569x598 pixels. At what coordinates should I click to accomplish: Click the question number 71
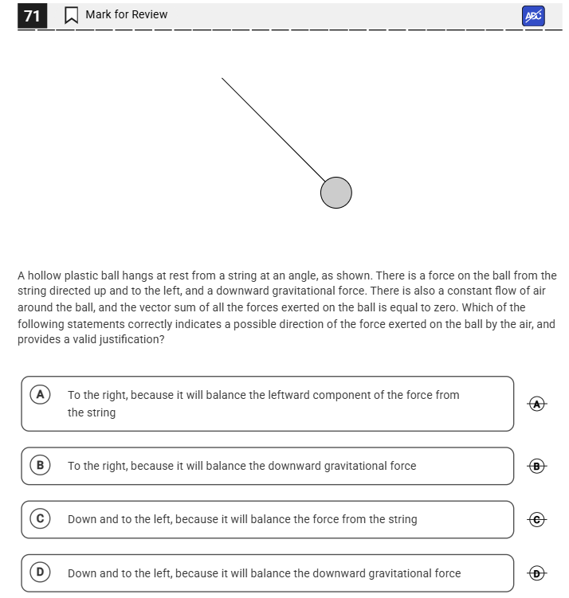33,15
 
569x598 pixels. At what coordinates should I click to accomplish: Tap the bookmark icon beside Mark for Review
71,15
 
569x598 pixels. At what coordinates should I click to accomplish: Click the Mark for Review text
126,14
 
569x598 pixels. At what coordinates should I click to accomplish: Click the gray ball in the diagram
336,193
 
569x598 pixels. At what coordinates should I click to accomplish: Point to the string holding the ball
271,127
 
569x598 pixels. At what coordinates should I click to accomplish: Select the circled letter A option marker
37,394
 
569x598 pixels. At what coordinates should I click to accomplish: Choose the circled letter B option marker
37,465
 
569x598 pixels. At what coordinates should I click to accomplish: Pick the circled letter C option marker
37,518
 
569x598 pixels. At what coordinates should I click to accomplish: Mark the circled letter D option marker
37,573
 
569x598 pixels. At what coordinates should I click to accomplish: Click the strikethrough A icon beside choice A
538,404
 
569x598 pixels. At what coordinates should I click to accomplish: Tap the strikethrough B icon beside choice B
538,466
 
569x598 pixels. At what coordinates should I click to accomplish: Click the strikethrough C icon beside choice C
538,519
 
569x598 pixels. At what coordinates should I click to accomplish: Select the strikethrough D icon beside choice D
538,573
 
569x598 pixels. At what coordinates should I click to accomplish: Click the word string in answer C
400,519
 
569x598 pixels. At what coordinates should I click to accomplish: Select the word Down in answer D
82,573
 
